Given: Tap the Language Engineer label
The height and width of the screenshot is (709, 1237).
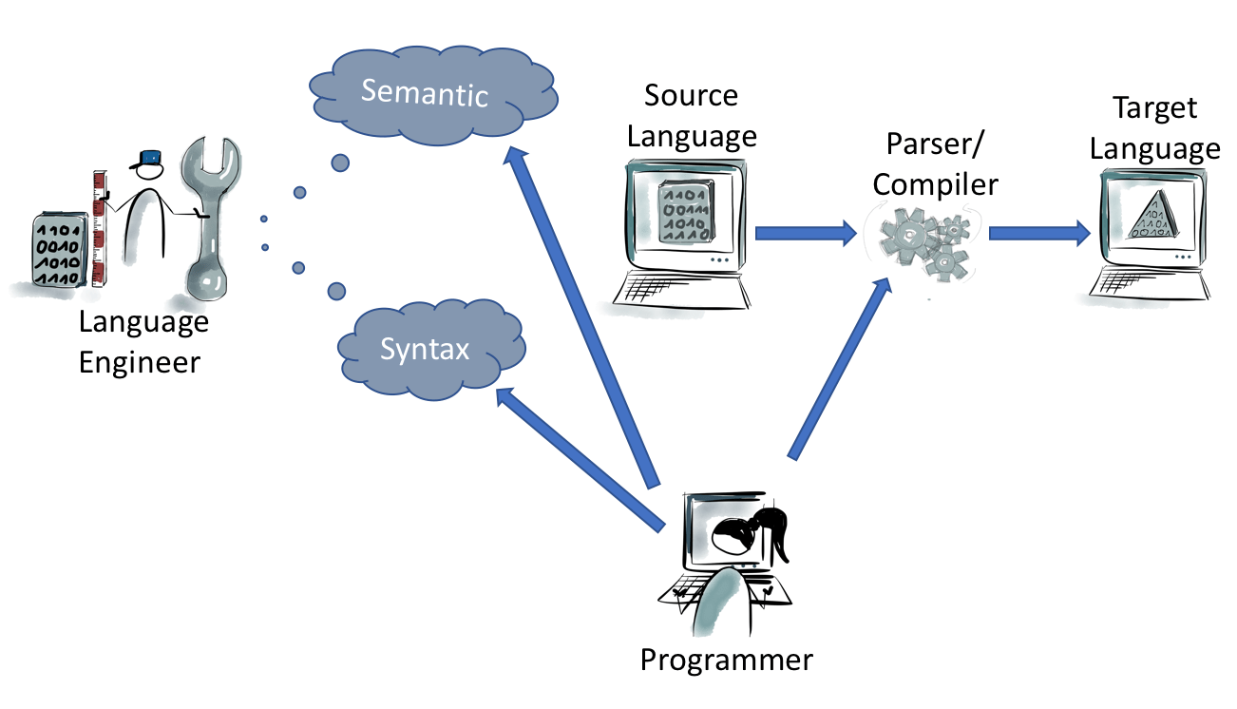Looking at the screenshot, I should click(x=143, y=342).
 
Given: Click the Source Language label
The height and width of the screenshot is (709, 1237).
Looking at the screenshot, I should click(x=692, y=115).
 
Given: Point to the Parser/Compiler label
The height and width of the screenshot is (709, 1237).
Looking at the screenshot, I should click(x=935, y=163).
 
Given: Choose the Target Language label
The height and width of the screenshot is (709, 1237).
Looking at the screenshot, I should click(x=1154, y=128).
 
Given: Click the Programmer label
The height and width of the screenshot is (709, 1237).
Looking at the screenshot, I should click(x=726, y=659).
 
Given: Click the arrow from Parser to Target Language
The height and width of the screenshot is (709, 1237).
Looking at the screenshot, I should click(x=1039, y=231).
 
